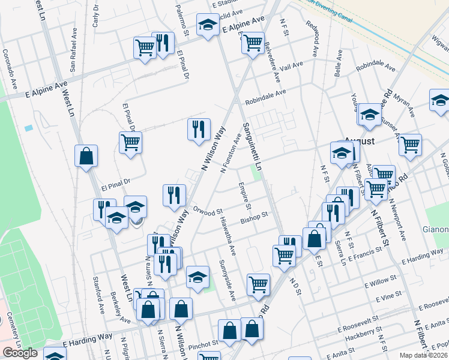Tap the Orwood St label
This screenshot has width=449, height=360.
208,211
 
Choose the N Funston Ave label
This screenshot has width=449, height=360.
231,154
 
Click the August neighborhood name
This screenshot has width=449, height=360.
359,142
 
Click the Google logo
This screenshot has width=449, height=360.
20,353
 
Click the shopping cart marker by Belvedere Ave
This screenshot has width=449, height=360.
253,43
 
